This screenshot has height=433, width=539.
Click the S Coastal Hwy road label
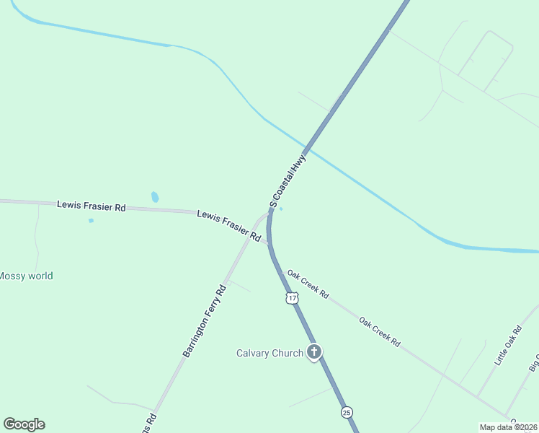click(x=288, y=180)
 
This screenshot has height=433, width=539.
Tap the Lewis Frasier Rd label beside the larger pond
click(x=92, y=206)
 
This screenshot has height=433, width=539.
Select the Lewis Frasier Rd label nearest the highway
click(x=229, y=225)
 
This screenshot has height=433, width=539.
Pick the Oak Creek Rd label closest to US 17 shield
click(x=308, y=284)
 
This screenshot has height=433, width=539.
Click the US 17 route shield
click(x=291, y=298)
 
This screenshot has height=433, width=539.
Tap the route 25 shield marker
click(x=347, y=412)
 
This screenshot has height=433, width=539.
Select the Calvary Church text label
click(x=269, y=353)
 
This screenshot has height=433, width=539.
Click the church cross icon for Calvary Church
click(x=314, y=352)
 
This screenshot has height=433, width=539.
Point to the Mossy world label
click(x=26, y=276)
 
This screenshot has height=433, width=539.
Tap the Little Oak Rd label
click(x=508, y=346)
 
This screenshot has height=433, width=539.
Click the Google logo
click(x=24, y=424)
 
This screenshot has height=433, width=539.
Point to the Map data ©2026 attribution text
click(x=509, y=427)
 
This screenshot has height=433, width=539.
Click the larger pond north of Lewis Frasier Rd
click(x=155, y=197)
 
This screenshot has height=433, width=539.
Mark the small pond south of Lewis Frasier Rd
click(x=91, y=220)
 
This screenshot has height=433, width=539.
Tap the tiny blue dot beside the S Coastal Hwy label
click(x=281, y=209)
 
